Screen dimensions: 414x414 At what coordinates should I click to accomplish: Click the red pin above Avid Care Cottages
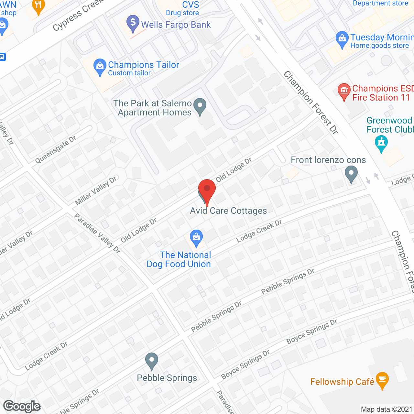click(x=207, y=189)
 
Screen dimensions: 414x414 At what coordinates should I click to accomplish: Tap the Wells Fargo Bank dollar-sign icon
click(x=133, y=23)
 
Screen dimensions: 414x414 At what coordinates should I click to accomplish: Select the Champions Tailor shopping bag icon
click(x=100, y=67)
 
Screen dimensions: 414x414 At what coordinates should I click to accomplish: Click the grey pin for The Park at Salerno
click(x=200, y=106)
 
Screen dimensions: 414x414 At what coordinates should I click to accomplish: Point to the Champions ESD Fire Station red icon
click(x=344, y=91)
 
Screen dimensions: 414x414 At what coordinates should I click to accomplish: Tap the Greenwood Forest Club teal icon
click(x=381, y=143)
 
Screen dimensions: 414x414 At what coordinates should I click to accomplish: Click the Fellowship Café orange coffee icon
click(x=382, y=380)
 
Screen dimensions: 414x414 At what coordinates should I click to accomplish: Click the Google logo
click(x=22, y=406)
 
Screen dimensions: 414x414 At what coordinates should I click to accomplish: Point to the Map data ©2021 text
click(x=387, y=409)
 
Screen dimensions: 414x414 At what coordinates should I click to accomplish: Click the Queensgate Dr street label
click(x=56, y=149)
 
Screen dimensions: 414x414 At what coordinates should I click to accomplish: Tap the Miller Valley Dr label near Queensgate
click(x=96, y=191)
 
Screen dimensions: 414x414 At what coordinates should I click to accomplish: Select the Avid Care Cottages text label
click(x=228, y=211)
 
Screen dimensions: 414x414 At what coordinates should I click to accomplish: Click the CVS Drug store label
click(x=183, y=9)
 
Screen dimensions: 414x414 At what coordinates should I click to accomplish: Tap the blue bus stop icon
click(x=2, y=57)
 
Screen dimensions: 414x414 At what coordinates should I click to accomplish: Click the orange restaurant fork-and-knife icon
click(x=38, y=5)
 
